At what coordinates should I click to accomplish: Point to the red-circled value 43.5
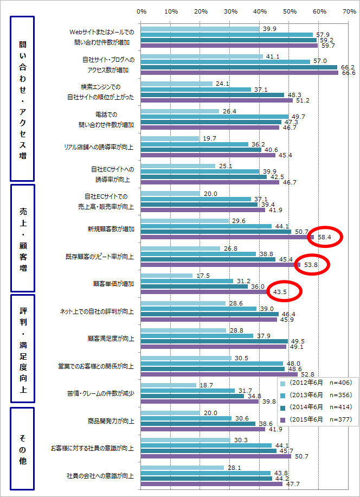tap(280, 292)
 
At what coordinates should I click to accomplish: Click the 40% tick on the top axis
tap(259, 11)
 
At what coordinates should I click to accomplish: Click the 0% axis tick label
tap(142, 11)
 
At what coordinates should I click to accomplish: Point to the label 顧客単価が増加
tap(114, 284)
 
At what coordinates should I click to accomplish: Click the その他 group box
tap(22, 449)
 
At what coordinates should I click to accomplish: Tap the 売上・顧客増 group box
tap(22, 238)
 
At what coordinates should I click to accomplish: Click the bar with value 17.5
tap(166, 276)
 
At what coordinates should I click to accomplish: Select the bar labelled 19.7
tap(170, 138)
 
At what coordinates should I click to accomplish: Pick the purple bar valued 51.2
tap(216, 100)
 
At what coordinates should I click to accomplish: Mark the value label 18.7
tap(206, 385)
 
